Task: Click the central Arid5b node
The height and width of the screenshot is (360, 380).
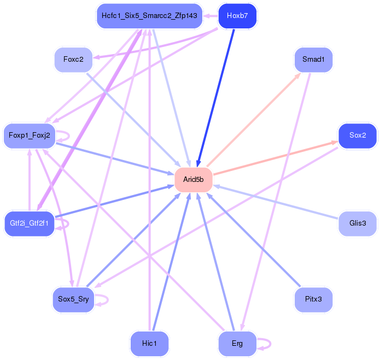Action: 194,180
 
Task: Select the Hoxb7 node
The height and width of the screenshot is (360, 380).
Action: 237,16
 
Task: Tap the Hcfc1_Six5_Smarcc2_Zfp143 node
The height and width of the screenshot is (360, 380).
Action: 149,16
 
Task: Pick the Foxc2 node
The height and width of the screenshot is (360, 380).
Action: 73,59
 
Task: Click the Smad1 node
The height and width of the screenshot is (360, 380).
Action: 313,59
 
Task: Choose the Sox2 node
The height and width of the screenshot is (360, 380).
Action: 358,135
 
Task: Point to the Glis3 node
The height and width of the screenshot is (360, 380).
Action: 358,223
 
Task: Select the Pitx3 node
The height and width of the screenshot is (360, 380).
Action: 313,299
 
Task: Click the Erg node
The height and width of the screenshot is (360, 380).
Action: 237,344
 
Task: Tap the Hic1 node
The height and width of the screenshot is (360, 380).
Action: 149,344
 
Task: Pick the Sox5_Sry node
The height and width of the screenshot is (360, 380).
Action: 73,299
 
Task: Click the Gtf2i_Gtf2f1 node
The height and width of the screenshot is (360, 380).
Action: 30,223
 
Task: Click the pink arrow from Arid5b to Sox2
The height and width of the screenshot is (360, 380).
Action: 273,158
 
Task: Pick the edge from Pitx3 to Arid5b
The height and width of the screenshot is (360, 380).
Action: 254,240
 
